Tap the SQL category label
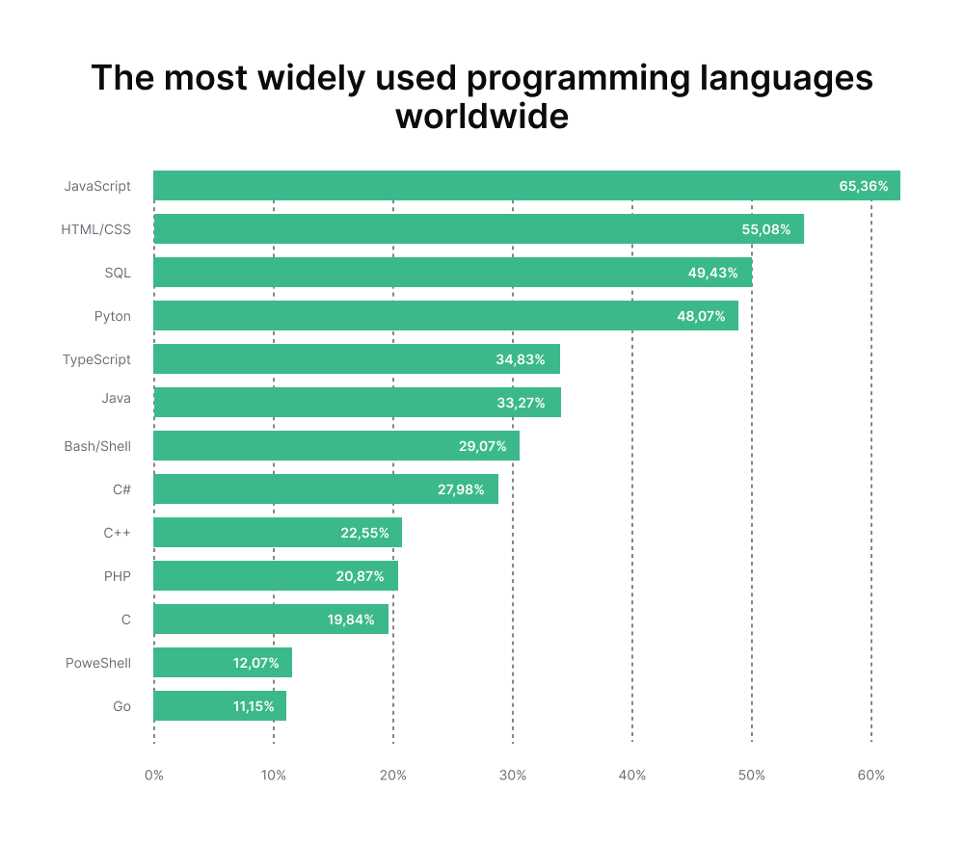(118, 273)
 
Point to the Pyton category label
(112, 316)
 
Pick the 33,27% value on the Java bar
(521, 403)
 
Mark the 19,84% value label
(351, 620)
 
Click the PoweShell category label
(97, 663)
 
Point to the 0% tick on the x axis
(153, 776)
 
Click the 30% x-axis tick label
(513, 776)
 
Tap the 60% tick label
(870, 776)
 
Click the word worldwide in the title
(482, 117)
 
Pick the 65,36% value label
(863, 186)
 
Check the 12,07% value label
(255, 663)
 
